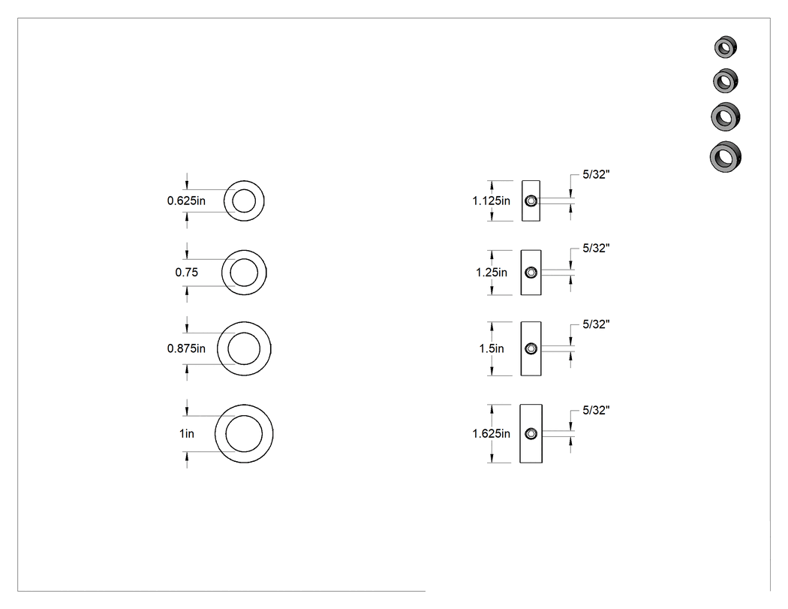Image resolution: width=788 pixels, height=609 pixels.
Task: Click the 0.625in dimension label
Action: [x=186, y=200]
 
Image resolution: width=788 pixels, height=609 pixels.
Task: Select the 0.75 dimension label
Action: [x=186, y=272]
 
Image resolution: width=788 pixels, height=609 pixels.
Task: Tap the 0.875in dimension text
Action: [x=186, y=348]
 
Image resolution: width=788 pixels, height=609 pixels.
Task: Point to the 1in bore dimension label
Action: [x=186, y=433]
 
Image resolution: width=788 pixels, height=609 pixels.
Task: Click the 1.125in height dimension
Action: [x=491, y=200]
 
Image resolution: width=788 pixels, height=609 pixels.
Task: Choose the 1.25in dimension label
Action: [x=492, y=272]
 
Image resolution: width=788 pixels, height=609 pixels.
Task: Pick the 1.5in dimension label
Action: [x=492, y=348]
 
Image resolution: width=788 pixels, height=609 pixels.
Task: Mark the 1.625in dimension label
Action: [x=491, y=433]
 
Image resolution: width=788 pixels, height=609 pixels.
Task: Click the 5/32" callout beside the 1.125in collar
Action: [x=596, y=174]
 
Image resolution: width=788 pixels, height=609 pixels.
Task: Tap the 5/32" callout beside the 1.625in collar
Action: [x=596, y=410]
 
